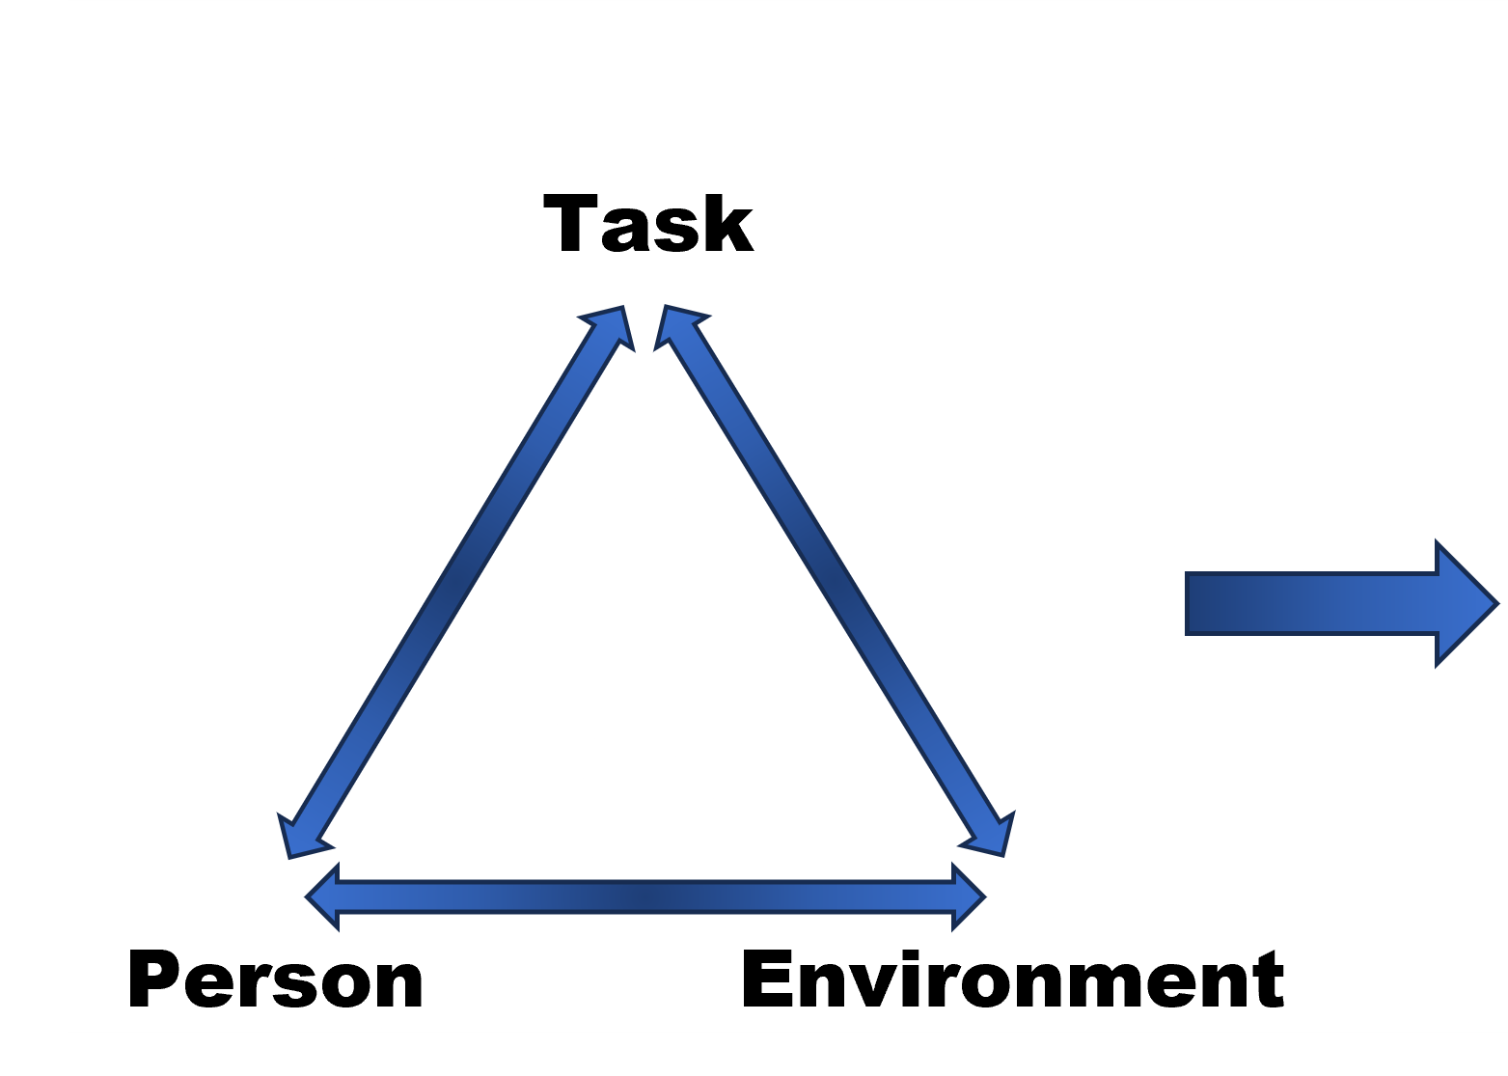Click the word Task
(648, 224)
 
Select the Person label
(275, 981)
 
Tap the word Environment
(1013, 979)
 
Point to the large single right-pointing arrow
(1341, 603)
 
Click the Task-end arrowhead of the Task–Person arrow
(610, 325)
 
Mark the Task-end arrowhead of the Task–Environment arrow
(677, 325)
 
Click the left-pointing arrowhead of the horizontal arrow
(325, 897)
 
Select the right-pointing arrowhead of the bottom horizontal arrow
(967, 897)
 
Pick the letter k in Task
(726, 224)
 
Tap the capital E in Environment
(770, 978)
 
